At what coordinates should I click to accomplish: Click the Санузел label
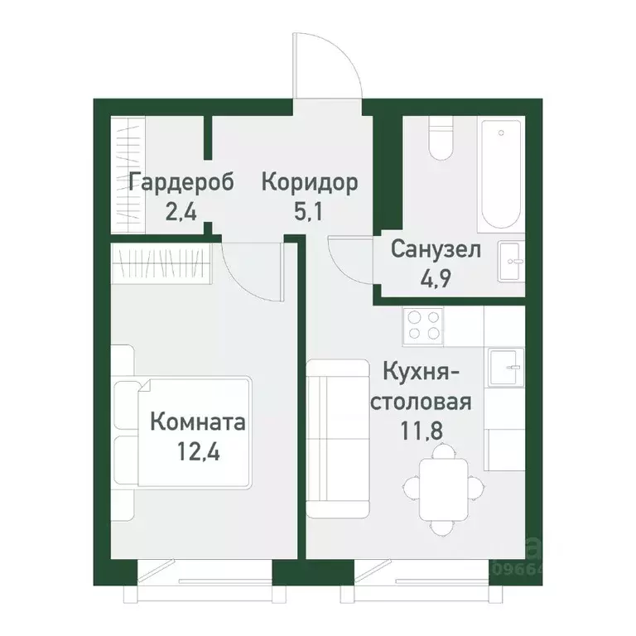[x=436, y=249]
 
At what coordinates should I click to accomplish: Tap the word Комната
[x=198, y=423]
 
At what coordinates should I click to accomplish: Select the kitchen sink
[x=505, y=369]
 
